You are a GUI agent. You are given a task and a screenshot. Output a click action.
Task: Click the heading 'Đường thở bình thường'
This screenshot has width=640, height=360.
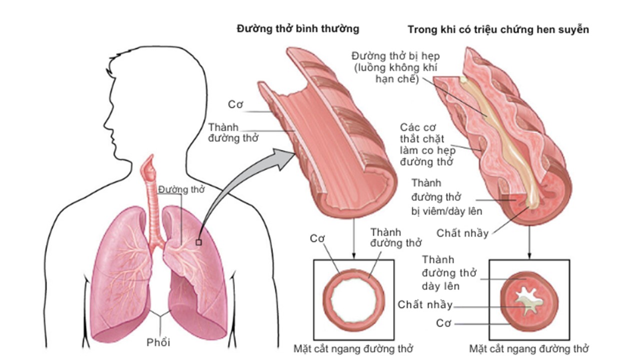click(298, 28)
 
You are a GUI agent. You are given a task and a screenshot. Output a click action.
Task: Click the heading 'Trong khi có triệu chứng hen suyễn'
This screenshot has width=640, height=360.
click(498, 29)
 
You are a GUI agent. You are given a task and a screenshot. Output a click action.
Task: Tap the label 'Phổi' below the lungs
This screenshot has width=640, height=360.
click(158, 342)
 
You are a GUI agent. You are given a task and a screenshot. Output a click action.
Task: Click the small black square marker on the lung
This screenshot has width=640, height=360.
click(198, 242)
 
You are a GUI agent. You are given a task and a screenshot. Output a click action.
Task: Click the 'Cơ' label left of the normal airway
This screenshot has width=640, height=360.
click(235, 104)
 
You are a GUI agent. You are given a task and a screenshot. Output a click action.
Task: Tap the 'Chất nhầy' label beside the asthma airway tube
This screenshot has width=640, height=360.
click(462, 233)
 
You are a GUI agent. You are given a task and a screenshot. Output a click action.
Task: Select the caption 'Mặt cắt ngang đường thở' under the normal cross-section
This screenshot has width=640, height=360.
click(353, 348)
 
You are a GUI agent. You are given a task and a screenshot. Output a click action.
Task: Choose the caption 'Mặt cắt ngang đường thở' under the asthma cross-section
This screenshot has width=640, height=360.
click(529, 348)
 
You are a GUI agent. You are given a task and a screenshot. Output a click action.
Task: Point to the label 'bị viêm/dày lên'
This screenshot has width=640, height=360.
click(447, 211)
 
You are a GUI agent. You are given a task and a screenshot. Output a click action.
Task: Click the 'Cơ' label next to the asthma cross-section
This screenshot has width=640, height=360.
click(443, 323)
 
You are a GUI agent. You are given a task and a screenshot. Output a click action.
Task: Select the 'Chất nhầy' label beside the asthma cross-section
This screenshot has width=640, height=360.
click(425, 304)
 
